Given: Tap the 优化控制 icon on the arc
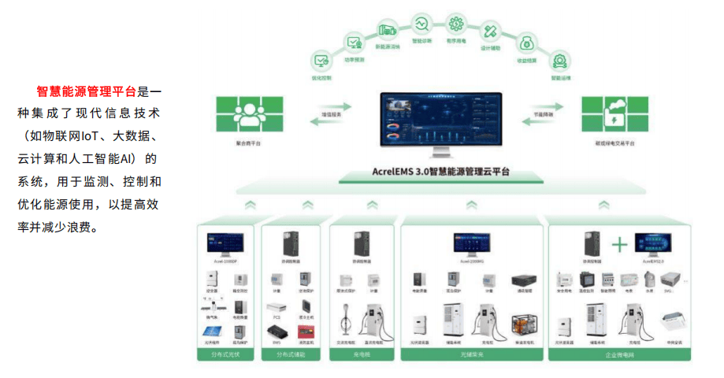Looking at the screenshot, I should click(x=321, y=60).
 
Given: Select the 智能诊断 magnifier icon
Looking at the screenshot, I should click(x=421, y=23).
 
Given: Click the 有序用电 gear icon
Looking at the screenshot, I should click(x=455, y=23).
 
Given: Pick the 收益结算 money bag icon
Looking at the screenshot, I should click(x=527, y=41).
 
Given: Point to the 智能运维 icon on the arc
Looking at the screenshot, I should click(x=560, y=60).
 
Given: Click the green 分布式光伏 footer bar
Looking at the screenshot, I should click(x=227, y=356).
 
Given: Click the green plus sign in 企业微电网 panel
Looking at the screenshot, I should click(x=620, y=245).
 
